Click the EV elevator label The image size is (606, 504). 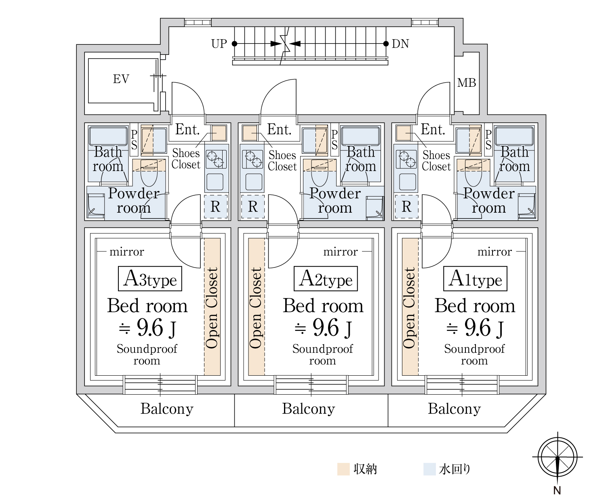tap(121, 79)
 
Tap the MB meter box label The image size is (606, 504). tap(467, 83)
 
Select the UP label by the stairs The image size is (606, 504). tap(219, 44)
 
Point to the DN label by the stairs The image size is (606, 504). tap(400, 44)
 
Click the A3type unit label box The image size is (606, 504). tap(150, 278)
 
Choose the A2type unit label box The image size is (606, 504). tap(326, 278)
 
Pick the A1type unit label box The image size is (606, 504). tap(475, 278)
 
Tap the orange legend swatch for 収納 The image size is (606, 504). tap(343, 469)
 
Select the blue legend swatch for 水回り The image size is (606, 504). tap(429, 469)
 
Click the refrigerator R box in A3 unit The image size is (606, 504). tap(216, 207)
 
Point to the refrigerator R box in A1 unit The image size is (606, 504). tap(406, 207)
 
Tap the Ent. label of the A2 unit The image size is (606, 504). tap(279, 130)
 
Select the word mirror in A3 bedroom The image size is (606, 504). tap(126, 252)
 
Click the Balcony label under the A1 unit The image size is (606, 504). tap(455, 409)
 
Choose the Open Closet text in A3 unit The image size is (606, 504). tap(212, 307)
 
